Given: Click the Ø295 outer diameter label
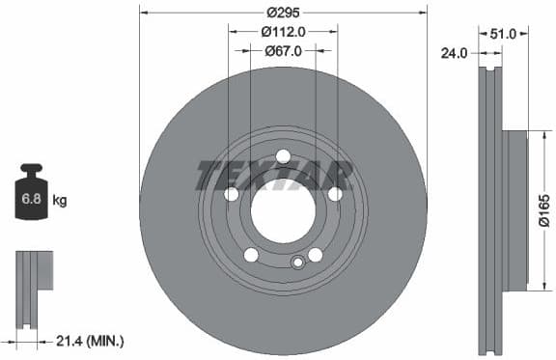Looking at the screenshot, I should coord(283,13).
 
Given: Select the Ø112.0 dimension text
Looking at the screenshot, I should coord(283,31).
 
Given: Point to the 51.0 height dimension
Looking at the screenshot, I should coord(502,33).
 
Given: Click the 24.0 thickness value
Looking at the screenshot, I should coord(454,54).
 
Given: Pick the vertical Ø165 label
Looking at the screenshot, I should coord(542,210).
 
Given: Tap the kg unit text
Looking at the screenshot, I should coord(60,201).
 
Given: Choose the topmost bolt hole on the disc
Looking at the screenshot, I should coord(283,156).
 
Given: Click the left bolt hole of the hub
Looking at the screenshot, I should coord(232,194).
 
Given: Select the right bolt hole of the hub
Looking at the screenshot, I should coord(335,194).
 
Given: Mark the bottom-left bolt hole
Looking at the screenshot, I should coord(251,255).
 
